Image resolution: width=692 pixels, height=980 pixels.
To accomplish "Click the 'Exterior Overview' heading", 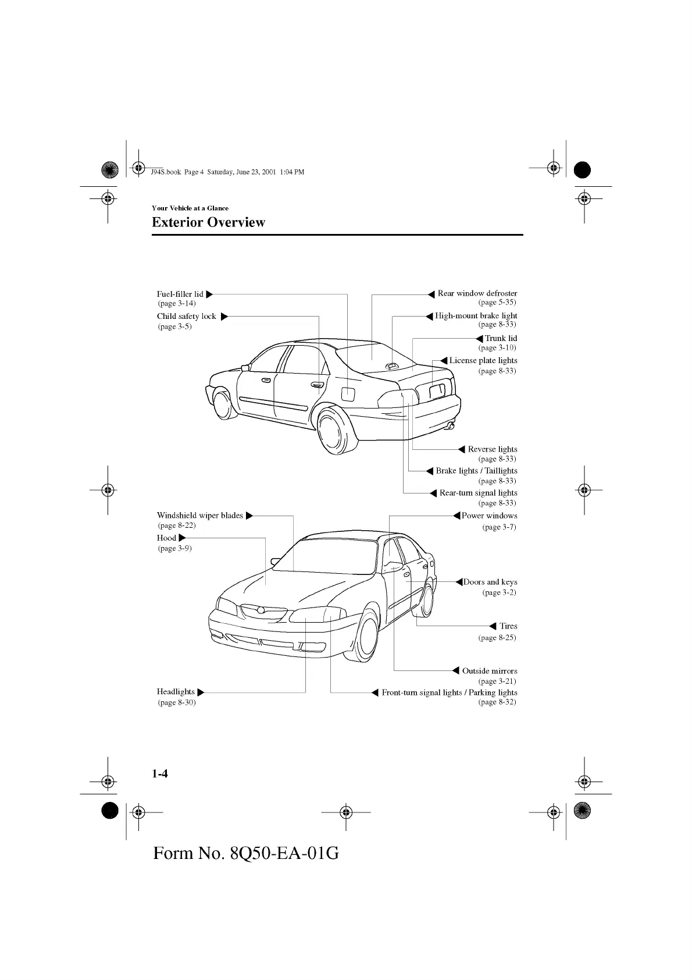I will coord(208,222).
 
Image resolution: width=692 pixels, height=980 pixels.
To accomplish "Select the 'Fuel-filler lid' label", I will coord(180,294).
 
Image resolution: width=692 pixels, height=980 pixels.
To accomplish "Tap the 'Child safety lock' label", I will coord(186,316).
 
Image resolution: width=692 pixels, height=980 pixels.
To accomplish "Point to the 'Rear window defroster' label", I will coord(477,293).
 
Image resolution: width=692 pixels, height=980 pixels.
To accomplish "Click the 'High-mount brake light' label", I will coord(476,315).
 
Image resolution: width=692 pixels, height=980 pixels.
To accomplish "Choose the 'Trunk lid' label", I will coord(501,338).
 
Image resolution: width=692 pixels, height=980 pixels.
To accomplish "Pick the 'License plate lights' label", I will coord(483,360).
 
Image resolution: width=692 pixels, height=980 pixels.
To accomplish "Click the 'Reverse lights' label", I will coord(492,449).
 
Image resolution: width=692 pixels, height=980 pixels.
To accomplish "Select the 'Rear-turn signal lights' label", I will coord(478,493).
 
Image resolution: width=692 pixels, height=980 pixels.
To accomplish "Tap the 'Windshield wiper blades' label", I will coord(200,515).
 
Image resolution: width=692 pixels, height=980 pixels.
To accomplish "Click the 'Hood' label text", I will coord(166,538).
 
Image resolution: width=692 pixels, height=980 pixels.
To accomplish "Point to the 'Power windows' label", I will coord(489,515).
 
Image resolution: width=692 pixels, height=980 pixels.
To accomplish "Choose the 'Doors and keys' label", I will coord(490,582).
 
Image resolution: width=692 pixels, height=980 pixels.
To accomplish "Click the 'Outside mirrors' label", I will coord(489,671).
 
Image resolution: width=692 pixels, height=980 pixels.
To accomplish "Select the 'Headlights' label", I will coord(176,691).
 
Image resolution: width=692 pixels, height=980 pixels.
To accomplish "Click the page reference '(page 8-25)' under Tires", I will coord(497,637).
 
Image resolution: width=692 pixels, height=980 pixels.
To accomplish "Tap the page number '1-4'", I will coord(160,773).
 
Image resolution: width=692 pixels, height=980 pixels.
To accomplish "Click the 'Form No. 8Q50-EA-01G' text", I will coord(245,853).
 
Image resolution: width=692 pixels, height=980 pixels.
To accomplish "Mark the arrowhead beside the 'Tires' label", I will coord(493,626).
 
